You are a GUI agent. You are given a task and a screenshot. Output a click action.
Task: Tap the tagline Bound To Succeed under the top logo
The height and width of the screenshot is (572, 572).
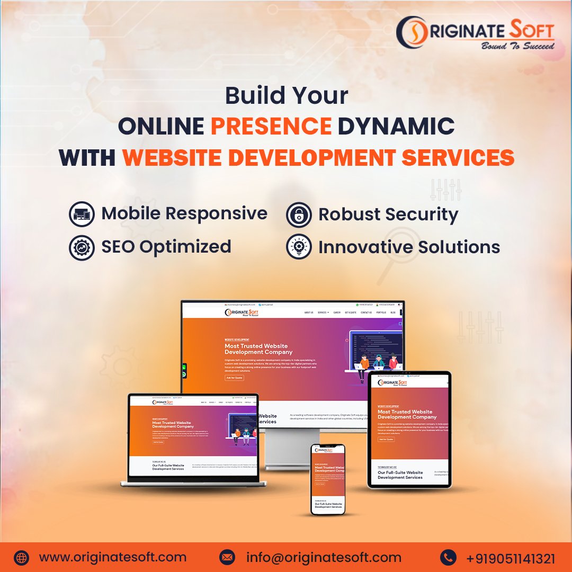coord(517,46)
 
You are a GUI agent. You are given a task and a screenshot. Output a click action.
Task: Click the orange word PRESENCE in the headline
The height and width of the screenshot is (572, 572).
coord(271,126)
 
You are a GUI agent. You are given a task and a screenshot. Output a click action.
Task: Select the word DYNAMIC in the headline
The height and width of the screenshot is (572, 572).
coord(396,126)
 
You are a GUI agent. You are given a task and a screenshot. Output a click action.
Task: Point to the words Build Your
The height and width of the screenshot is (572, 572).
coord(287,95)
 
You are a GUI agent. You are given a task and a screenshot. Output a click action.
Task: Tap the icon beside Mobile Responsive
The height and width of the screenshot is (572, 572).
coord(82,214)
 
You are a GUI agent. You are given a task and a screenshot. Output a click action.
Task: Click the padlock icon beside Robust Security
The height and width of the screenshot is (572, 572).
coord(299,215)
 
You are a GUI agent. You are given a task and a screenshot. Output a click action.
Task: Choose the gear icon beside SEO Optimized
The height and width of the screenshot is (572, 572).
coord(82,247)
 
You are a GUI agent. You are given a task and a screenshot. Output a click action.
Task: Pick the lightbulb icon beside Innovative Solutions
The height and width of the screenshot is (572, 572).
coord(299,247)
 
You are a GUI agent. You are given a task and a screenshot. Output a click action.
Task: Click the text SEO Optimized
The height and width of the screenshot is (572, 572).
coord(166,247)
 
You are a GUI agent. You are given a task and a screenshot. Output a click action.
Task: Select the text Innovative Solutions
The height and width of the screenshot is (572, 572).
coord(409,247)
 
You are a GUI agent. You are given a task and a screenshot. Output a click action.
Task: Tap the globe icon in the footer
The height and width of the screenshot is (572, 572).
coord(21,558)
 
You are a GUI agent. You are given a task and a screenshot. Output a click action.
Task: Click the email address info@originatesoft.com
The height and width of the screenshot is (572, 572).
coord(324,557)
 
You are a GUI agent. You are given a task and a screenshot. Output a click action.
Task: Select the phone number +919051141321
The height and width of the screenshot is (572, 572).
coord(511,558)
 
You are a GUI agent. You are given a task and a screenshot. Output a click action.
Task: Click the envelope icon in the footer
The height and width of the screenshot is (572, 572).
coord(227,558)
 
